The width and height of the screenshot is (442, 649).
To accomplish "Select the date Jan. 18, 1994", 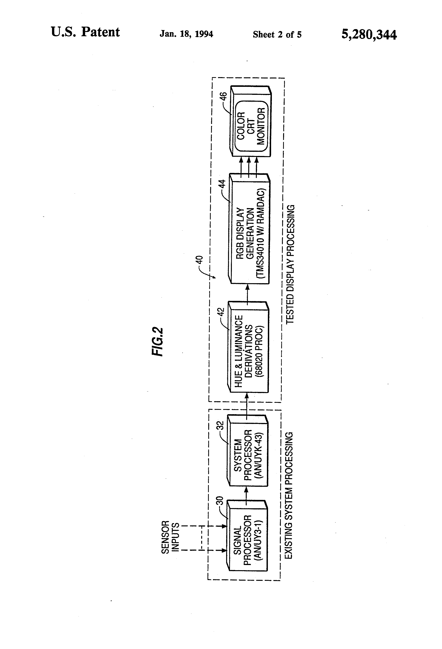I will pyautogui.click(x=186, y=34).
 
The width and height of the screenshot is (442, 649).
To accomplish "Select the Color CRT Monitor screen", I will pyautogui.click(x=251, y=126).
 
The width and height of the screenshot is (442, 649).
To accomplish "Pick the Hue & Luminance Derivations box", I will pyautogui.click(x=248, y=347).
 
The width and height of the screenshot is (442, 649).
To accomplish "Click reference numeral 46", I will pyautogui.click(x=223, y=98).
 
